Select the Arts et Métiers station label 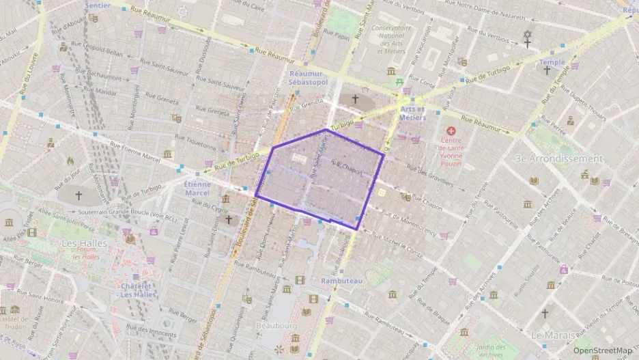[x=412, y=113]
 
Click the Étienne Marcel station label [x=197, y=188]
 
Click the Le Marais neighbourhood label [x=555, y=335]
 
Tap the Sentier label [x=98, y=5]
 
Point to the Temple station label [x=552, y=62]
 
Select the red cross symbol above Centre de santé [x=451, y=130]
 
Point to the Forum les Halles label [x=85, y=253]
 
